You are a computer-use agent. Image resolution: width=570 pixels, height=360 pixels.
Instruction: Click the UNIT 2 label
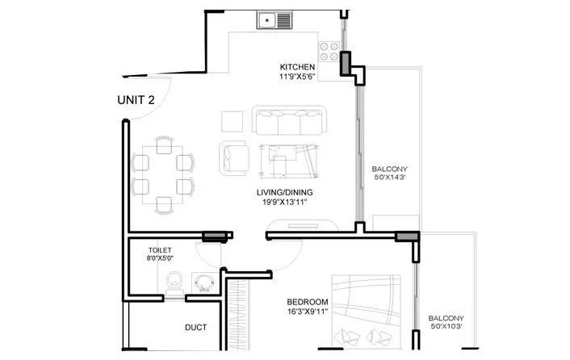136,100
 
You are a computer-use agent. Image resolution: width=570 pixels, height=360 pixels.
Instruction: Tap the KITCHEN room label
297,67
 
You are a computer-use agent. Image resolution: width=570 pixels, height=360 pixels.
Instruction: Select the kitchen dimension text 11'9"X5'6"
297,77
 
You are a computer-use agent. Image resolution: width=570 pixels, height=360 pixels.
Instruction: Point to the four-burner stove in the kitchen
329,52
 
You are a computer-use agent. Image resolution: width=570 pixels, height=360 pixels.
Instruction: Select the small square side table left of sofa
232,122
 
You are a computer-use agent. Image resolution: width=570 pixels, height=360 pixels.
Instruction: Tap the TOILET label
161,250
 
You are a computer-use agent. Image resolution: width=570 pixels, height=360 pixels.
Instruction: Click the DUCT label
195,328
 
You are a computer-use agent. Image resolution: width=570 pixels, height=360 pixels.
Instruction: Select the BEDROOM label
308,303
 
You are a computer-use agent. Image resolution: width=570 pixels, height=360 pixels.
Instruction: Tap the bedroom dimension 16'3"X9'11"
308,312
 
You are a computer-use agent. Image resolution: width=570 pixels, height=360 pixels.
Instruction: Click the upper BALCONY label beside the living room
388,170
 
